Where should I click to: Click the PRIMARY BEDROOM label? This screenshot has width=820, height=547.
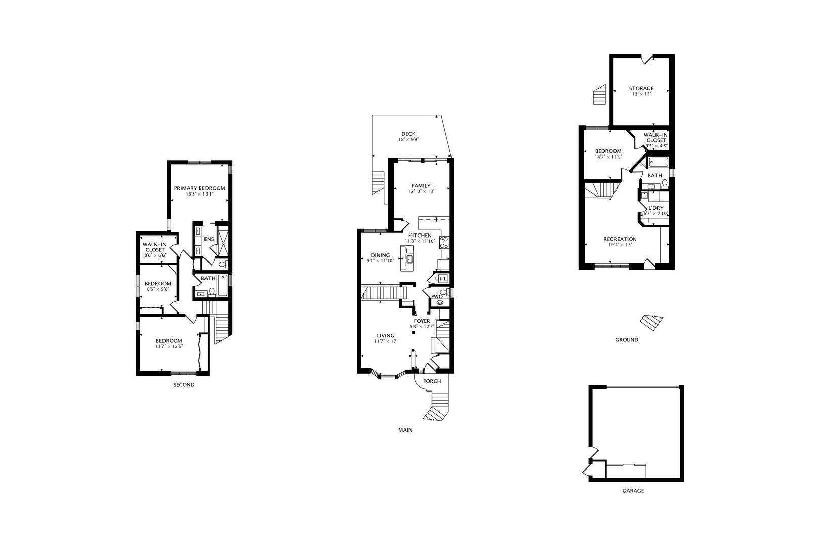pyautogui.click(x=199, y=188)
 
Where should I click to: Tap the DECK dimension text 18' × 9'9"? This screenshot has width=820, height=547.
pyautogui.click(x=408, y=140)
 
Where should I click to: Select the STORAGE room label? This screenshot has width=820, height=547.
pyautogui.click(x=641, y=88)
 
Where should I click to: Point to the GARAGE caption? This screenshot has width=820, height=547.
pyautogui.click(x=633, y=491)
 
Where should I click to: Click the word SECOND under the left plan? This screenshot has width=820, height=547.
pyautogui.click(x=184, y=385)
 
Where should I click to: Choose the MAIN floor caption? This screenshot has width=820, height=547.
pyautogui.click(x=405, y=430)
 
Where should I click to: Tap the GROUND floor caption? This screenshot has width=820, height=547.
pyautogui.click(x=627, y=340)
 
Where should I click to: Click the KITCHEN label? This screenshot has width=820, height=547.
pyautogui.click(x=420, y=236)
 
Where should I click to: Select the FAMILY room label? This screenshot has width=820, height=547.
pyautogui.click(x=421, y=186)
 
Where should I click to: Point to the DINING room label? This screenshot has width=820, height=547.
pyautogui.click(x=380, y=255)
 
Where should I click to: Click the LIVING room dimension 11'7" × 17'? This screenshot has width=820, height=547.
pyautogui.click(x=386, y=341)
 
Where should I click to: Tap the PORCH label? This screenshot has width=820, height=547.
pyautogui.click(x=432, y=381)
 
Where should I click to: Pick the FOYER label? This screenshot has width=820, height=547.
pyautogui.click(x=422, y=321)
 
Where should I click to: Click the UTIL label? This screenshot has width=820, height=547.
pyautogui.click(x=440, y=279)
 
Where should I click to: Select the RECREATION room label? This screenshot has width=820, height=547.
pyautogui.click(x=620, y=239)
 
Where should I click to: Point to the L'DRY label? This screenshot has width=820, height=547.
pyautogui.click(x=655, y=208)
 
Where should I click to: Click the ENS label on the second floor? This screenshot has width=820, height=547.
pyautogui.click(x=209, y=239)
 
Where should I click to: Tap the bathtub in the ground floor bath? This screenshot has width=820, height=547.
pyautogui.click(x=658, y=163)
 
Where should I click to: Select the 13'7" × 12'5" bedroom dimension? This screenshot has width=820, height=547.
pyautogui.click(x=169, y=347)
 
